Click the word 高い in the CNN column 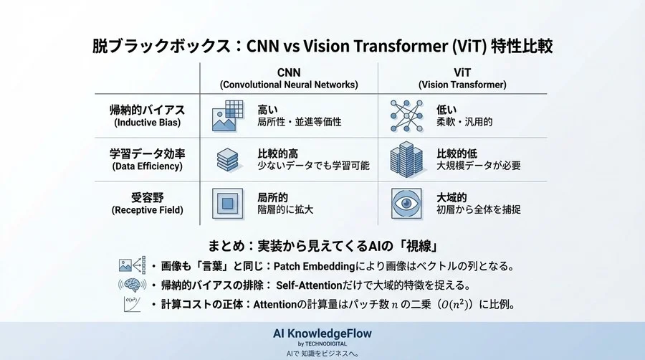[268, 109]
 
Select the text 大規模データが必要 [479, 166]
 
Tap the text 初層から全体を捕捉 [479, 209]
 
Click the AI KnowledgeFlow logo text [322, 333]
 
